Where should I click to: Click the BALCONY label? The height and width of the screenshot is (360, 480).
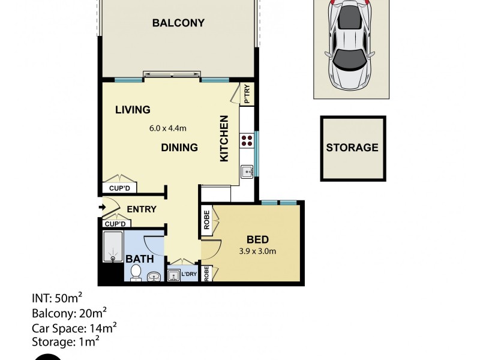tap(178, 23)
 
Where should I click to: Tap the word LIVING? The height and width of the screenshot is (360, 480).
tap(132, 110)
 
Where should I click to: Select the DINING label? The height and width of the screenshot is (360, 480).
tap(179, 147)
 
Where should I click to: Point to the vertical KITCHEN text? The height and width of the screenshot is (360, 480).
tap(224, 138)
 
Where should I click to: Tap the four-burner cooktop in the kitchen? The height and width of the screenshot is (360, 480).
tap(247, 141)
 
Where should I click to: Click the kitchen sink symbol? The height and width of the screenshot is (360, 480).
tap(247, 172)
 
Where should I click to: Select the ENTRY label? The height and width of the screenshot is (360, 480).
tap(142, 209)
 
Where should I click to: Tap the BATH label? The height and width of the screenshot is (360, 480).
tap(138, 259)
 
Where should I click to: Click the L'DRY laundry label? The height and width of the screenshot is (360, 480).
tap(189, 275)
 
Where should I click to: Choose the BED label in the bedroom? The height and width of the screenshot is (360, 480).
tap(257, 239)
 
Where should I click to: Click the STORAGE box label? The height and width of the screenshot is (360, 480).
tap(352, 147)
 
